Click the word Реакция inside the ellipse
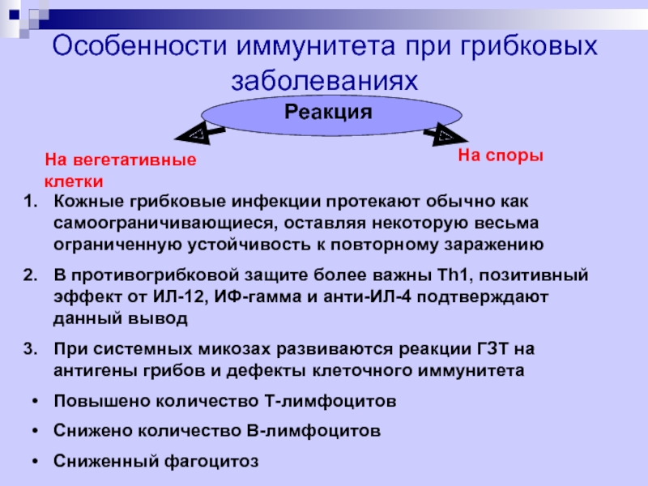328,112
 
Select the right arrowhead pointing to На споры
447,134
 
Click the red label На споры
501,154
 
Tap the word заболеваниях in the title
327,82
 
